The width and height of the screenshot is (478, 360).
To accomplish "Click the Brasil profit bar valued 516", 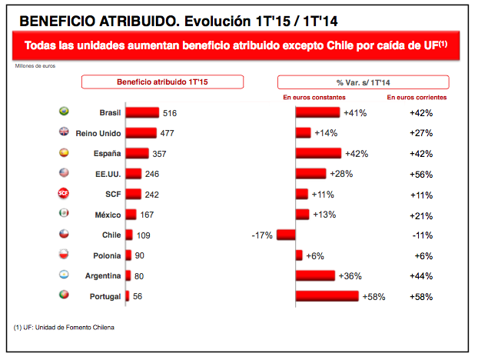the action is tap(142, 112).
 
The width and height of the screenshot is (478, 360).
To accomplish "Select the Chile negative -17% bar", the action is tap(286, 235).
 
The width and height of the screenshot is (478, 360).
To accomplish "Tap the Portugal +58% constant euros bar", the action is tap(327, 296).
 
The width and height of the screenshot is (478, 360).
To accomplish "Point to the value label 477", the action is tap(167, 133).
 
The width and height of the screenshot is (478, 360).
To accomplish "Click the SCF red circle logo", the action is tap(64, 193).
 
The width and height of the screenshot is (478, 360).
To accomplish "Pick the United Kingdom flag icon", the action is tap(64, 132).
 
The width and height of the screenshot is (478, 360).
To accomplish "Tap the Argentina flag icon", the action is tap(64, 275).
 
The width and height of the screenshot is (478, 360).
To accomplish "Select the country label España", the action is tap(107, 153).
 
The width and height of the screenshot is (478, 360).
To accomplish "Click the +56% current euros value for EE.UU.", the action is tap(421, 175).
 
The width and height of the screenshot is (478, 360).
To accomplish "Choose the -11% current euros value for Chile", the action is tap(422, 235).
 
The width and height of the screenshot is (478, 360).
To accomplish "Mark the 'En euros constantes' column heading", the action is tap(314, 98).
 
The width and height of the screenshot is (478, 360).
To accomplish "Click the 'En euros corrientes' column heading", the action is tap(417, 98).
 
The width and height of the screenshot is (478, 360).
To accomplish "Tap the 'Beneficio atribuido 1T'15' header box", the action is tap(162, 82).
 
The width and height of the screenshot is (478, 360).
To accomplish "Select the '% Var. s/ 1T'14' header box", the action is tap(363, 82).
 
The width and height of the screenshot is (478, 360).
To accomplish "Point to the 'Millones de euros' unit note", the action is tap(35, 66).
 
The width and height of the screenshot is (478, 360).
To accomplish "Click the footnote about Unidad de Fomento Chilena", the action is tap(64, 328).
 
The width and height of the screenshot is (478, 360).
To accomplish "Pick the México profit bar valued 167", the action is tap(131, 214).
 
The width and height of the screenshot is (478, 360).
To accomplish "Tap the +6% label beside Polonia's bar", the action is tap(315, 255).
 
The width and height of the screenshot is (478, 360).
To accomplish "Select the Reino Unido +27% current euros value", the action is tap(421, 133).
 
